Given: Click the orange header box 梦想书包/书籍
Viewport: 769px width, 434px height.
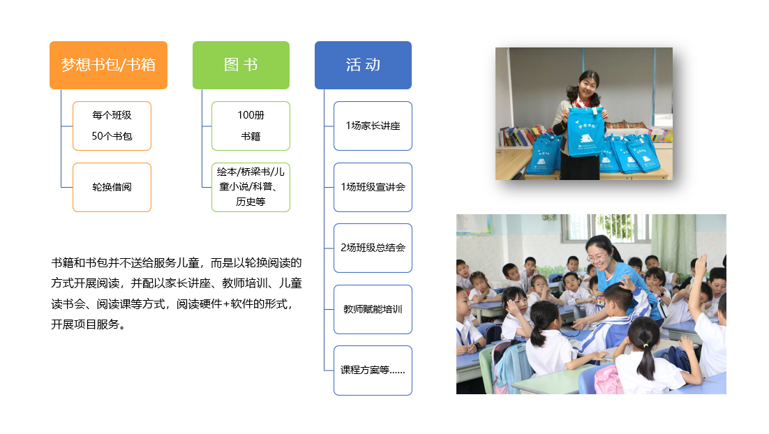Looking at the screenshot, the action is pyautogui.click(x=108, y=65).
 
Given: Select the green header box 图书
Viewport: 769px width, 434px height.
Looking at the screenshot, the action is pyautogui.click(x=241, y=65).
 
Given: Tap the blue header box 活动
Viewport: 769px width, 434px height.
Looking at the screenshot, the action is pyautogui.click(x=363, y=65).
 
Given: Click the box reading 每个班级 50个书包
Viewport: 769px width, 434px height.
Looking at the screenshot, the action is pyautogui.click(x=112, y=126).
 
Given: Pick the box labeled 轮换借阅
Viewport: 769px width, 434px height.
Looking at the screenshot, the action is pyautogui.click(x=112, y=187).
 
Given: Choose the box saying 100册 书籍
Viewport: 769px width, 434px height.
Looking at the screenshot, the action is pyautogui.click(x=251, y=126).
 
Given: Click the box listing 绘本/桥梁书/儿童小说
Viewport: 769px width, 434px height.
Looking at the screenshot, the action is pyautogui.click(x=251, y=187).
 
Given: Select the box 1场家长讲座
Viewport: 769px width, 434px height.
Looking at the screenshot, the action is pyautogui.click(x=373, y=126).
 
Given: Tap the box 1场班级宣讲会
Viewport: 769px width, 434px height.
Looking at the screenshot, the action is pyautogui.click(x=373, y=187).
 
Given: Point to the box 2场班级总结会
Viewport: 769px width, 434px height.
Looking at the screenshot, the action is pyautogui.click(x=373, y=248).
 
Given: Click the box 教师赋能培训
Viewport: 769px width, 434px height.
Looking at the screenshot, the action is pyautogui.click(x=373, y=309).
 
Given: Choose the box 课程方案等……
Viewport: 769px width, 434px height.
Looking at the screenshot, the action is pyautogui.click(x=373, y=371).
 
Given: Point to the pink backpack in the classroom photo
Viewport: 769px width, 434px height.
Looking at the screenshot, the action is pyautogui.click(x=608, y=380).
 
